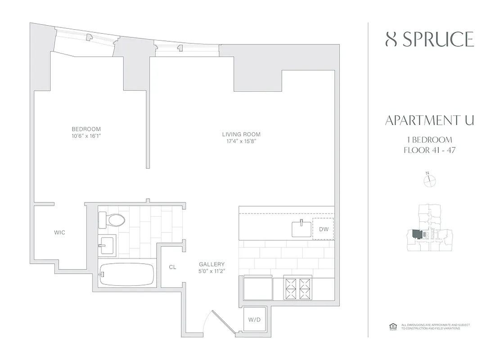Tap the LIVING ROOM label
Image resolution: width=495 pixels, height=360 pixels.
241,134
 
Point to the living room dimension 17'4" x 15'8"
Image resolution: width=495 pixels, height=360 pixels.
241,141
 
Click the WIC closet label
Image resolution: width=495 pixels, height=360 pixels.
59,233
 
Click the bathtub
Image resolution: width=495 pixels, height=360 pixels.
126,274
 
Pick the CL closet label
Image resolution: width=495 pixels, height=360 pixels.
172,267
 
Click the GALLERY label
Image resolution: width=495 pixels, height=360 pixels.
211,264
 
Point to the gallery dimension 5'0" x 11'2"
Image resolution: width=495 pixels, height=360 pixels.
211,271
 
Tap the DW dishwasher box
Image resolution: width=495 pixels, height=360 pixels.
323,229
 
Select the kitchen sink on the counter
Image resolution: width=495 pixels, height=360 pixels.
301,229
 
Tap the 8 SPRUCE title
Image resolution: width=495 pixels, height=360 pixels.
430,40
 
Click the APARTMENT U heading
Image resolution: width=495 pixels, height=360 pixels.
430,121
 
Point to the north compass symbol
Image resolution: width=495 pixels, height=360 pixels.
430,180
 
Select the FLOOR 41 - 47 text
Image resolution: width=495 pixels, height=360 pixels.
430,150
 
